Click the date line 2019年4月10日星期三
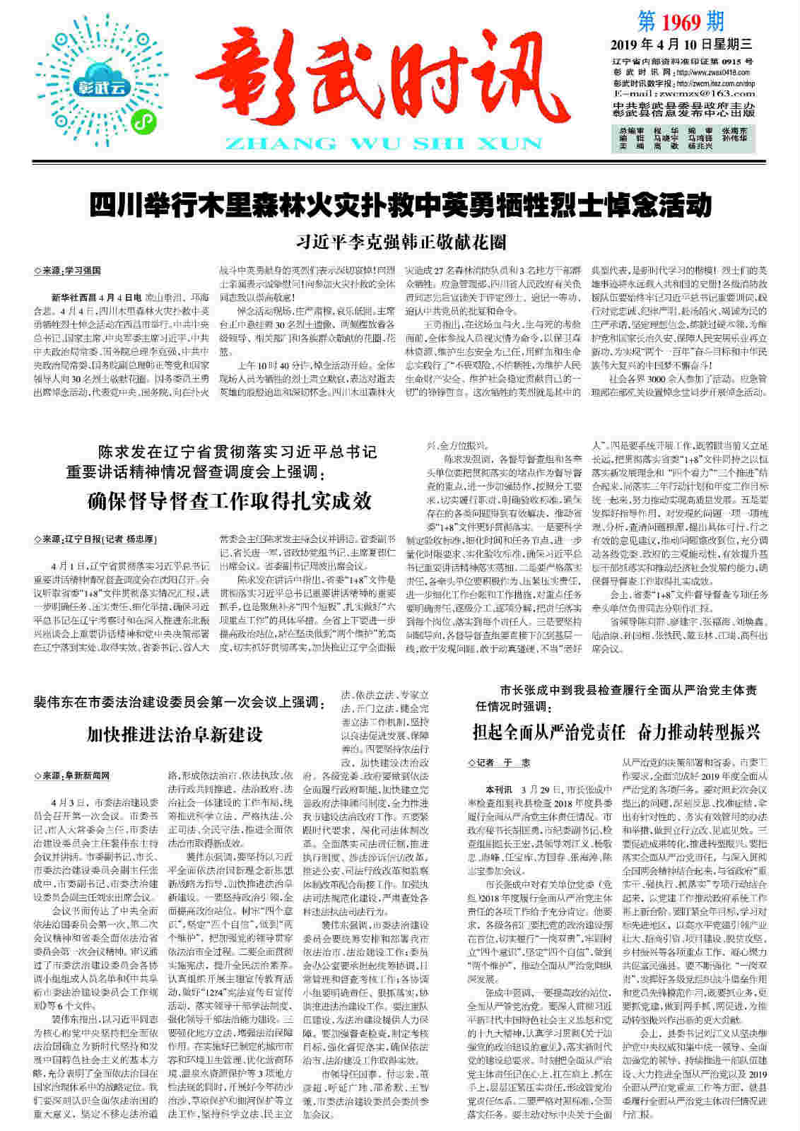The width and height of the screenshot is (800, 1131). pos(681,45)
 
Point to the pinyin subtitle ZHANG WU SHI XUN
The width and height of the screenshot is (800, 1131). pos(388,143)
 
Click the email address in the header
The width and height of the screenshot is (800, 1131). pos(675,93)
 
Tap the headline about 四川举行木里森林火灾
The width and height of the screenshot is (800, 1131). pos(399,206)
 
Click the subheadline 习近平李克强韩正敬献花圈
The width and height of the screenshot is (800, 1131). pos(401,242)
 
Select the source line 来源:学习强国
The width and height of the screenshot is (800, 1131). pos(68,271)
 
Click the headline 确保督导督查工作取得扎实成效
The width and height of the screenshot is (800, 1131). pos(229,500)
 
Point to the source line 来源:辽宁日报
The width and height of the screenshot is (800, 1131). pos(95,539)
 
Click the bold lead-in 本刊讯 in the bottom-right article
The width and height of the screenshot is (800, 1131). pos(498,788)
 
